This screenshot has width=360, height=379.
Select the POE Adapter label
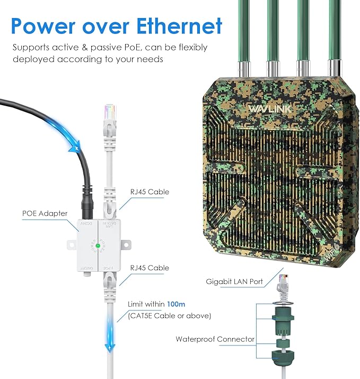[45, 213]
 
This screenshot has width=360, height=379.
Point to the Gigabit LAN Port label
[235, 281]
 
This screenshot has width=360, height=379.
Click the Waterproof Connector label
[215, 339]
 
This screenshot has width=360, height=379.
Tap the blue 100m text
[175, 304]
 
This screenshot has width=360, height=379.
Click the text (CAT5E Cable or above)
[169, 316]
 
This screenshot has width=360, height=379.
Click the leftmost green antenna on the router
[242, 32]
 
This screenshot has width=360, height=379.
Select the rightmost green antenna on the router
[335, 32]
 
